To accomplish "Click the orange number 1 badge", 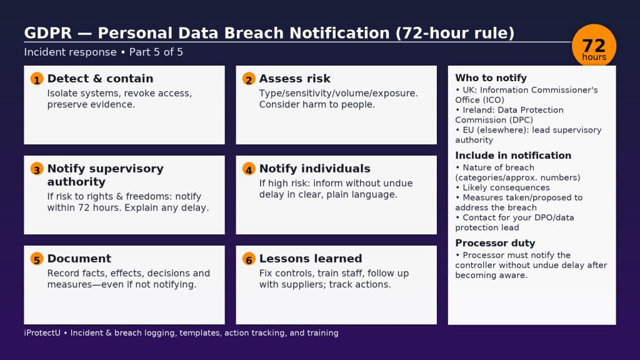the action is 37,79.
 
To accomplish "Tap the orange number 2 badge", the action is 249,79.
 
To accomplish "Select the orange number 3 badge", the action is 37,169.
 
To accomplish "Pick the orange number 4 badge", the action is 249,169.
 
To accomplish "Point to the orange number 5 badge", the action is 37,259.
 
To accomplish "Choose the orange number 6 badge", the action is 249,259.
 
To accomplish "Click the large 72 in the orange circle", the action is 594,45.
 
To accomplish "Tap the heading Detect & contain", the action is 101,78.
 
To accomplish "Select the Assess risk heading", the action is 295,78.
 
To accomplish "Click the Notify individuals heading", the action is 315,169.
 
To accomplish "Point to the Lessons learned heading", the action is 311,258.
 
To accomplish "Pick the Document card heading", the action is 79,258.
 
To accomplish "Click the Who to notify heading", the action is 491,77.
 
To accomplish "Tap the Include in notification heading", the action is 513,155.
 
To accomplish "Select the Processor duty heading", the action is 495,243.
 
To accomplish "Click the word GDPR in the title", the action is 47,33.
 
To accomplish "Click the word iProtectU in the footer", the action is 42,332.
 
